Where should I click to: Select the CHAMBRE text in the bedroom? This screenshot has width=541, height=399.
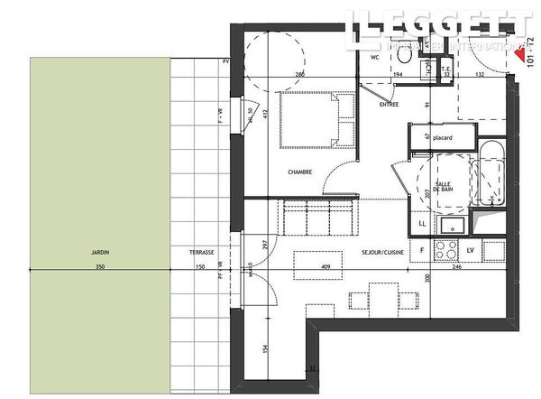coord(300,172)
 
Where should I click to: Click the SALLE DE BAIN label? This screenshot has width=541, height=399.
coord(444,187)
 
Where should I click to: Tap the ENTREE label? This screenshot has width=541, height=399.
coord(390,105)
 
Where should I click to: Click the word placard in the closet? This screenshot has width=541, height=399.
coord(442,137)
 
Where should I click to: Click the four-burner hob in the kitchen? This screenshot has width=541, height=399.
coord(447,247)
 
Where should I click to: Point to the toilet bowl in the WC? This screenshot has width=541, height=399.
coord(405,57)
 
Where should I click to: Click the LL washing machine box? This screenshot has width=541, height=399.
coord(422,223)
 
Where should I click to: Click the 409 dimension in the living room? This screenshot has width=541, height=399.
coord(326,266)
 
